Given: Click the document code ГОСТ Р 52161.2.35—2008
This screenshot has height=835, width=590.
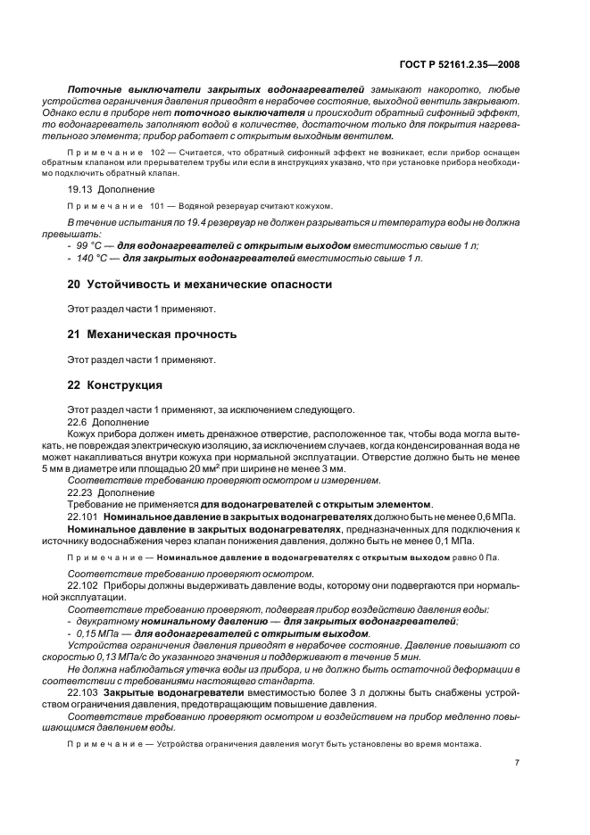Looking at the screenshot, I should tap(461, 64).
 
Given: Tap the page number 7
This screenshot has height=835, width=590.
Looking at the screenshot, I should tap(517, 763).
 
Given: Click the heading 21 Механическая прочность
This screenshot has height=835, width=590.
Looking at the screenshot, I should tap(152, 335).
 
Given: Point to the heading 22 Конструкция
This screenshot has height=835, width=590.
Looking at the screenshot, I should tap(115, 385).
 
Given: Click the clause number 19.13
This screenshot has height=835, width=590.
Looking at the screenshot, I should tap(82, 189).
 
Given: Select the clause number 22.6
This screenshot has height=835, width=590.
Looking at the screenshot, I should tap(79, 421).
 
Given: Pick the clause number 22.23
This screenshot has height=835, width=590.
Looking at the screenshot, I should tap(82, 492).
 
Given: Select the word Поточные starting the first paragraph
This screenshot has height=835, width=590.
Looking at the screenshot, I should tap(97, 90).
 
